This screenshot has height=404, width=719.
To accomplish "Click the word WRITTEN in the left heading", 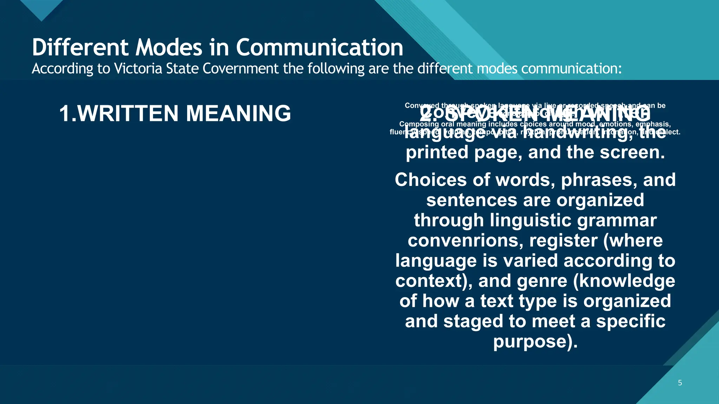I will click(x=128, y=113).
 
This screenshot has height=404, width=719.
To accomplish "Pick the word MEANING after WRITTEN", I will click(x=238, y=113).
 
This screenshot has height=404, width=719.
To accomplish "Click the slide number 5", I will click(x=680, y=383).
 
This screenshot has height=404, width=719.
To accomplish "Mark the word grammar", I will click(x=616, y=221).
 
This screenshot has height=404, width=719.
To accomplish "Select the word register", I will click(x=563, y=241).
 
